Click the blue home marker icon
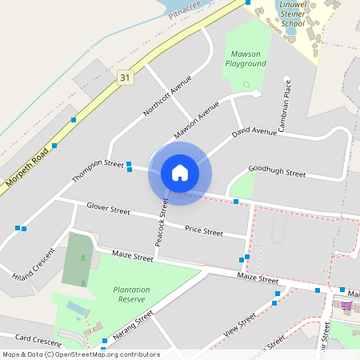point(179,173)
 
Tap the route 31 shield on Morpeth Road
point(124,77)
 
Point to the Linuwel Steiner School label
point(293,14)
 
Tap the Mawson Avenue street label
point(196,122)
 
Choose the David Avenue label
point(254,128)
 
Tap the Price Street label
point(204,230)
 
